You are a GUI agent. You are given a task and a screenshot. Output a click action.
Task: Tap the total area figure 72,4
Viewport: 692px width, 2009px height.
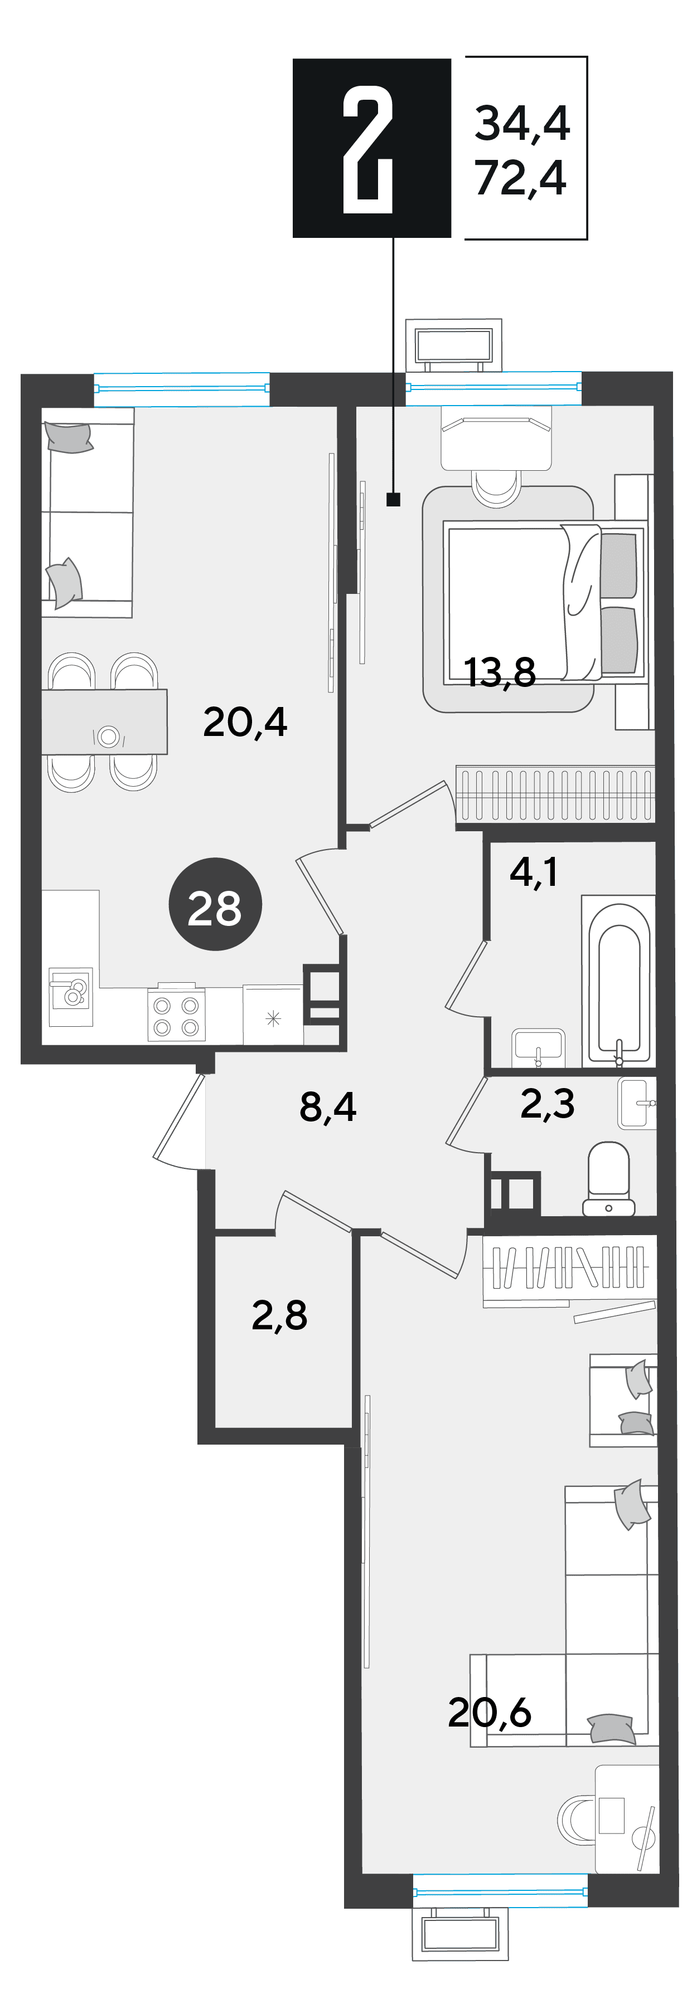(520, 178)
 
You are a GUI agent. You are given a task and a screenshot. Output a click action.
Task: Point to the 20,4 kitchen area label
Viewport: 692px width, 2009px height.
(245, 722)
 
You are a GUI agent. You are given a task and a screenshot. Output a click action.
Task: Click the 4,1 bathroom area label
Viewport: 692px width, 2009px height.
(534, 871)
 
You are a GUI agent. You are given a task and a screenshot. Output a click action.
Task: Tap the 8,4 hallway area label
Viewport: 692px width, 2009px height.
(328, 1106)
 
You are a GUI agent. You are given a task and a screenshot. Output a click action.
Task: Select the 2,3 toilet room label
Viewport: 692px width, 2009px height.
(547, 1104)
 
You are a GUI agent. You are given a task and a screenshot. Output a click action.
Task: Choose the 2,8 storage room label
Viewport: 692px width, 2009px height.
(279, 1316)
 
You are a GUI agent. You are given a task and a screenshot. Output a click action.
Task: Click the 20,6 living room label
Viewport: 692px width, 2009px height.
(489, 1713)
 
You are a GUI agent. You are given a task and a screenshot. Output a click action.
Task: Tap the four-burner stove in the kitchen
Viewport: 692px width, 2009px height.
(176, 1014)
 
